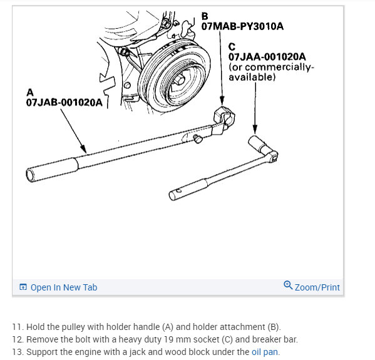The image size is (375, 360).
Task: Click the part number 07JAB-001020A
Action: (x=64, y=103)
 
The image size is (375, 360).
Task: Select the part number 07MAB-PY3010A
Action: (x=242, y=26)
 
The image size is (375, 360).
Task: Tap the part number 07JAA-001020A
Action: (x=267, y=57)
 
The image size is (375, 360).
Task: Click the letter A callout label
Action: (x=30, y=92)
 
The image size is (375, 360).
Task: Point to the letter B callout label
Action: (x=205, y=16)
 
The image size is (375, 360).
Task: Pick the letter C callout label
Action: (x=232, y=47)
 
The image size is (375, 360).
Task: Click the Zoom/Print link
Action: (x=317, y=287)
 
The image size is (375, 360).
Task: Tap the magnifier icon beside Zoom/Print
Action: (x=288, y=285)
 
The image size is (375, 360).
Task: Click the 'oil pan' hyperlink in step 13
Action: (x=265, y=352)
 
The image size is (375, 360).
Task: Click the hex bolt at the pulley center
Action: (x=179, y=80)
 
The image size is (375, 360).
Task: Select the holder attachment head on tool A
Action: (x=223, y=116)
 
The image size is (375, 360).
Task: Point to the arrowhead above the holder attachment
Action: (x=222, y=100)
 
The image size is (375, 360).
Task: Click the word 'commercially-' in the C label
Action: (x=279, y=67)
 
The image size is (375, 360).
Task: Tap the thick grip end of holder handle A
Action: (x=52, y=169)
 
